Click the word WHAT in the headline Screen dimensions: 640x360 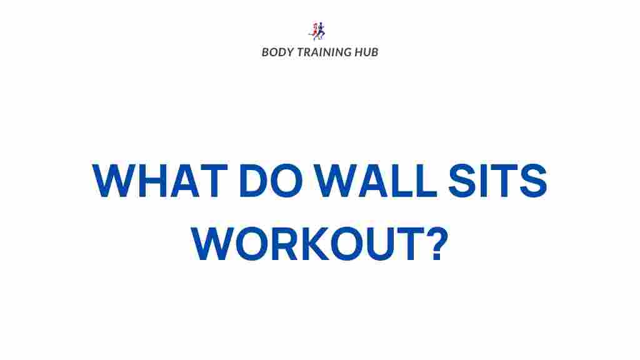[159, 180]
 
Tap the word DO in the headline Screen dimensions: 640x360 [271, 180]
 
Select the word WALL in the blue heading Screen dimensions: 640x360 [376, 180]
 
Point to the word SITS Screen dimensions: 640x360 [497, 180]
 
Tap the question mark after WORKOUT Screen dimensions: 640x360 [437, 243]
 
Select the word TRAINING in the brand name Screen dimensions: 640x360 [324, 52]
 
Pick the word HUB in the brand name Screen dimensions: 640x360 [366, 52]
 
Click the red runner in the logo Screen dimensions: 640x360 [314, 31]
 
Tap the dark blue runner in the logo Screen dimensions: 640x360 [321, 31]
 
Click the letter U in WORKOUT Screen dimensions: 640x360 [380, 244]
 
